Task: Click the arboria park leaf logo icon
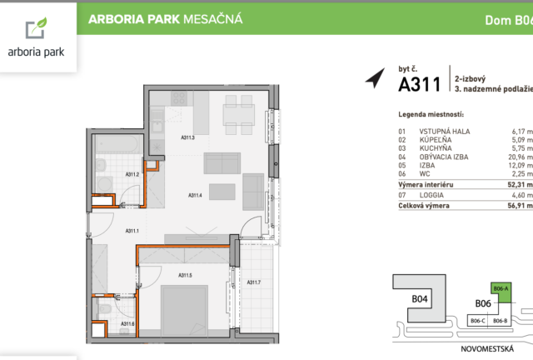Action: pyautogui.click(x=36, y=27)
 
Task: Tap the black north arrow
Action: pyautogui.click(x=376, y=78)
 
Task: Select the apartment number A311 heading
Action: pyautogui.click(x=420, y=84)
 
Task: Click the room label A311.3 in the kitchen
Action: pyautogui.click(x=187, y=137)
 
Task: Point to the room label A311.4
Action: pyautogui.click(x=195, y=195)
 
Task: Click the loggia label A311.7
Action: pyautogui.click(x=254, y=282)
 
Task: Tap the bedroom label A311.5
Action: pyautogui.click(x=185, y=275)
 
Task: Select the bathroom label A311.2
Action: pyautogui.click(x=132, y=174)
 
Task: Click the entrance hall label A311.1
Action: pyautogui.click(x=132, y=231)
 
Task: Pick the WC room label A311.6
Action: pyautogui.click(x=127, y=323)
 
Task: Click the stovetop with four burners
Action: pyautogui.click(x=179, y=98)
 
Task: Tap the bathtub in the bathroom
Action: pyautogui.click(x=118, y=144)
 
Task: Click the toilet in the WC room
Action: pyautogui.click(x=104, y=309)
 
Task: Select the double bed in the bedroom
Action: pyautogui.click(x=184, y=310)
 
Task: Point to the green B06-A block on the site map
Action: pyautogui.click(x=501, y=292)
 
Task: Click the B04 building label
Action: pyautogui.click(x=420, y=299)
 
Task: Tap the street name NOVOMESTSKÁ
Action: pyautogui.click(x=487, y=349)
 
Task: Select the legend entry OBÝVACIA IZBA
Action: pyautogui.click(x=444, y=157)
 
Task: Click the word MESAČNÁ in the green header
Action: pyautogui.click(x=213, y=18)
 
